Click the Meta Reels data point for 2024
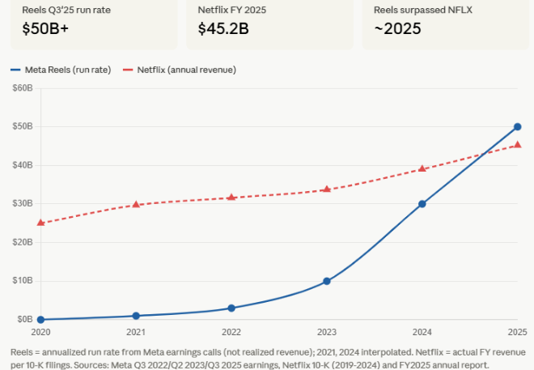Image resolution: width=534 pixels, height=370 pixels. pyautogui.click(x=422, y=204)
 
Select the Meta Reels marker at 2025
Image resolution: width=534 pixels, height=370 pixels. pyautogui.click(x=517, y=127)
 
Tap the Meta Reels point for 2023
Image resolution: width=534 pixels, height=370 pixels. pyautogui.click(x=327, y=281)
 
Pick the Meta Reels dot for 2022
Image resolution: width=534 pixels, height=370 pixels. pyautogui.click(x=231, y=308)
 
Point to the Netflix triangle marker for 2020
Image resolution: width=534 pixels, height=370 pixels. pyautogui.click(x=40, y=223)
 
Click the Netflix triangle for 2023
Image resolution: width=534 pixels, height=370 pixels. pyautogui.click(x=327, y=189)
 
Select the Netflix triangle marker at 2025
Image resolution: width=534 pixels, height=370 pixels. pyautogui.click(x=517, y=145)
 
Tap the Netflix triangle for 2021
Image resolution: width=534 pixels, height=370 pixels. pyautogui.click(x=136, y=204)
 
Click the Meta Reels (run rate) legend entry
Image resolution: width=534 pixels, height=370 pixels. pyautogui.click(x=61, y=70)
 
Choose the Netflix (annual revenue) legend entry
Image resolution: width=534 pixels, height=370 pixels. pyautogui.click(x=180, y=70)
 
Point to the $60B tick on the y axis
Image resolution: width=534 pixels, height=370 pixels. pyautogui.click(x=23, y=88)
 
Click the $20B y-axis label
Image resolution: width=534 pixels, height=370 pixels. pyautogui.click(x=23, y=242)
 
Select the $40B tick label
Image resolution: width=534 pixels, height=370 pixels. pyautogui.click(x=23, y=165)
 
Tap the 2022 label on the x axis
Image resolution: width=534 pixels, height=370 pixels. pyautogui.click(x=231, y=332)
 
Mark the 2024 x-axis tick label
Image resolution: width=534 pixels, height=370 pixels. pyautogui.click(x=422, y=332)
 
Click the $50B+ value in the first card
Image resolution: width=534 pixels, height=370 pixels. pyautogui.click(x=45, y=28)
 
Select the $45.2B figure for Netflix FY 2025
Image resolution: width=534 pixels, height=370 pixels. pyautogui.click(x=223, y=28)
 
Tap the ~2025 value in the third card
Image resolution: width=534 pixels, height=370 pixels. pyautogui.click(x=397, y=28)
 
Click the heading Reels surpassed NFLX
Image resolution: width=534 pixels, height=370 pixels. pyautogui.click(x=423, y=10)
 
